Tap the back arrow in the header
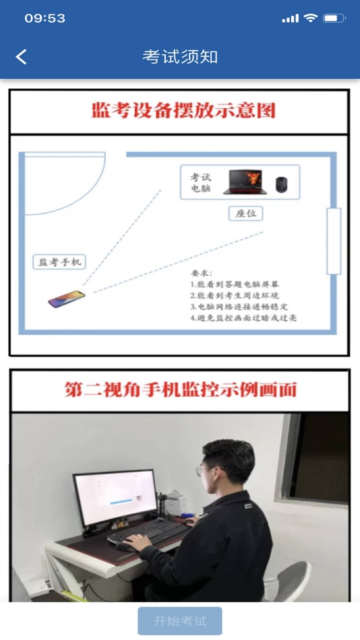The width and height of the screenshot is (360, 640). [22, 57]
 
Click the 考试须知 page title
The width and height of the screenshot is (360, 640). [180, 57]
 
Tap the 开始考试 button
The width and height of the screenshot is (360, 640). [180, 621]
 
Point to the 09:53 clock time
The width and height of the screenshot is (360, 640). [45, 18]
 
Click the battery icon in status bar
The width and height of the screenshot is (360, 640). [334, 18]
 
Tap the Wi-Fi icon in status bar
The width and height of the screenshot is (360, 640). [311, 18]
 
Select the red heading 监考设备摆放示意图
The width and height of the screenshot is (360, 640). [183, 110]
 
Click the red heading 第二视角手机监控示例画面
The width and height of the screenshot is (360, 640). [180, 390]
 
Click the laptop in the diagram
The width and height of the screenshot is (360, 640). [245, 182]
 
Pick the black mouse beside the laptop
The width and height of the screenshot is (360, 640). [282, 185]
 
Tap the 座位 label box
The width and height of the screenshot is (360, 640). [245, 214]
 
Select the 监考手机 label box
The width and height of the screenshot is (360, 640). [59, 261]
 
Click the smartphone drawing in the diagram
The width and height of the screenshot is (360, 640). [67, 298]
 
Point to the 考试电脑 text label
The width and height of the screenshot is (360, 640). [201, 183]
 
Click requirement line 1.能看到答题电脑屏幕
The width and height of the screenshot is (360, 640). [235, 284]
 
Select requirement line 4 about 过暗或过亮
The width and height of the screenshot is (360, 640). [243, 317]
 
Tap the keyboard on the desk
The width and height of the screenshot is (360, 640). [148, 532]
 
